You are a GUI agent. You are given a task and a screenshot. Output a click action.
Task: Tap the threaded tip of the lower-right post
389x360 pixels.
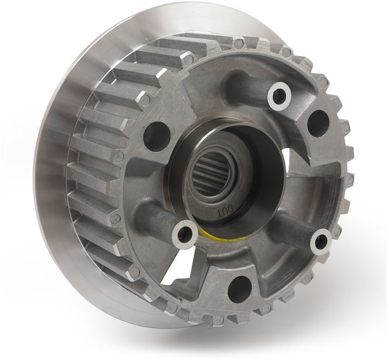point(320,241)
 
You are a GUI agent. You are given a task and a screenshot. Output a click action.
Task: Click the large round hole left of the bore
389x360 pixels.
point(156,135)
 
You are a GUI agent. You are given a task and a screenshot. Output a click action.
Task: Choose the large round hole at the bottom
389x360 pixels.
point(240,288)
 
